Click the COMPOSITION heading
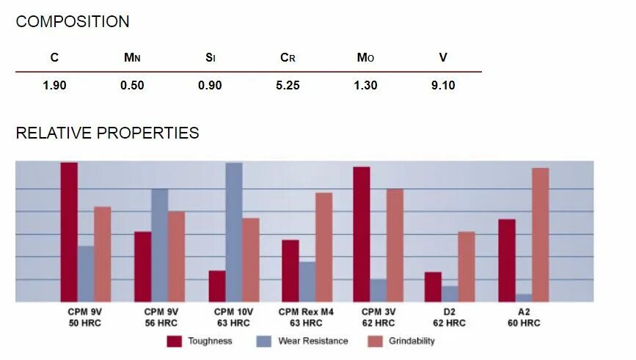[73, 22]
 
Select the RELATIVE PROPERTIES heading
[107, 133]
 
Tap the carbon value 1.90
[54, 86]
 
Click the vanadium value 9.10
[443, 86]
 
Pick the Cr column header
[288, 58]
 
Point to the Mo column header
[365, 58]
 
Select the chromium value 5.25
[288, 86]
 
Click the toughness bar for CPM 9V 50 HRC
[69, 232]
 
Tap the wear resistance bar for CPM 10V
[234, 232]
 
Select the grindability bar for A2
[541, 235]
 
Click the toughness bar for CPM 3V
[361, 234]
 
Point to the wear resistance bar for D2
[450, 293]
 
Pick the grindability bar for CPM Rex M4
[324, 247]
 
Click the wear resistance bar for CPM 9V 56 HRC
[159, 245]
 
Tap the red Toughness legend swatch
[174, 341]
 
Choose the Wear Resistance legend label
[312, 341]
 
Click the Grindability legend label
[412, 341]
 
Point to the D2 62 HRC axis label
[449, 317]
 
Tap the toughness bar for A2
[506, 260]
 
